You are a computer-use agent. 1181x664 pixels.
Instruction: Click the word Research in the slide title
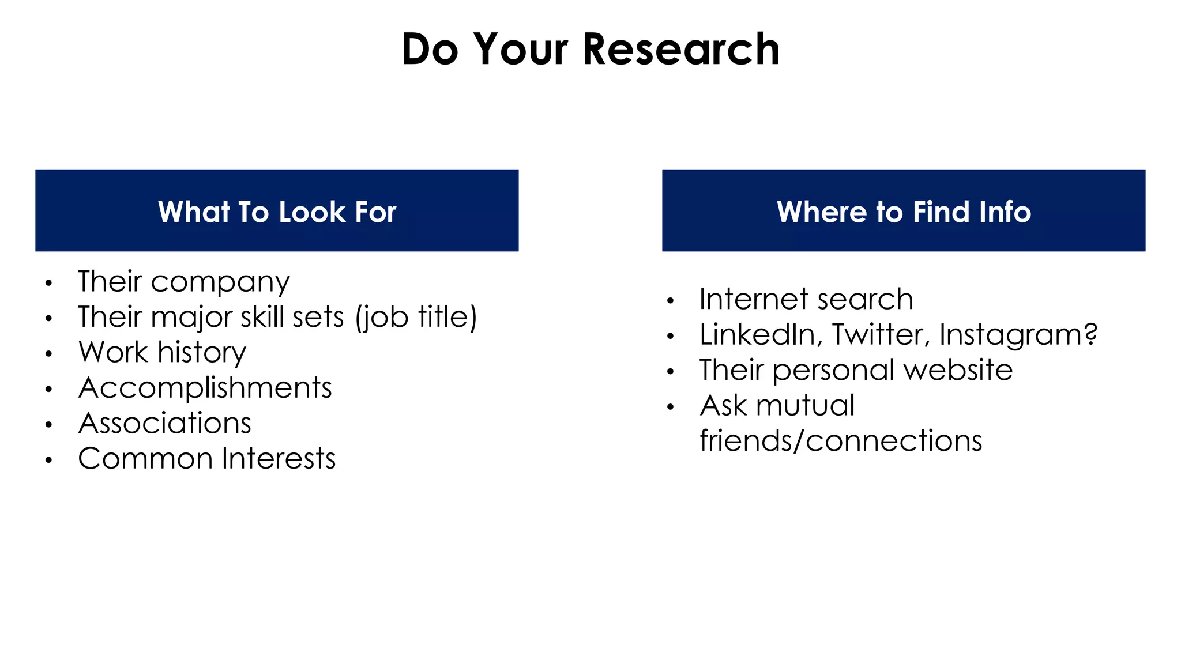coord(681,50)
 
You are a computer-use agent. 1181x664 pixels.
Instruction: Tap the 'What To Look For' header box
coord(277,211)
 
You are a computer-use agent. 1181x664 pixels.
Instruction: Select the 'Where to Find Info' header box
coord(903,211)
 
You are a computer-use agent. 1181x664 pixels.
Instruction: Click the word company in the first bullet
coord(220,282)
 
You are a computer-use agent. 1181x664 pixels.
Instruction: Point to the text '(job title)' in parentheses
coord(416,318)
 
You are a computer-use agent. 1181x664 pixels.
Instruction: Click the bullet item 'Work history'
coord(163,352)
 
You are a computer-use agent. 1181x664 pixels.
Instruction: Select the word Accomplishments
coord(205,387)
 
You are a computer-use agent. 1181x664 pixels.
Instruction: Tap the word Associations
coord(165,423)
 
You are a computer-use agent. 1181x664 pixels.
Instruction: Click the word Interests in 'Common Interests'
coord(279,459)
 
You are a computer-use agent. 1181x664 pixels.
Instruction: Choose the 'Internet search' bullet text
coord(806,299)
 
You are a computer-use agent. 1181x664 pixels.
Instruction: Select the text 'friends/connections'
coord(841,441)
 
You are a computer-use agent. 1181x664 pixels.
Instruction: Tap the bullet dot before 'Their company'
coord(49,283)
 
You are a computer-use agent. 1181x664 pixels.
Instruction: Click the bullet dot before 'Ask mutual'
coord(670,407)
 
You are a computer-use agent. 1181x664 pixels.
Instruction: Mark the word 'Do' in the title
coord(430,50)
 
